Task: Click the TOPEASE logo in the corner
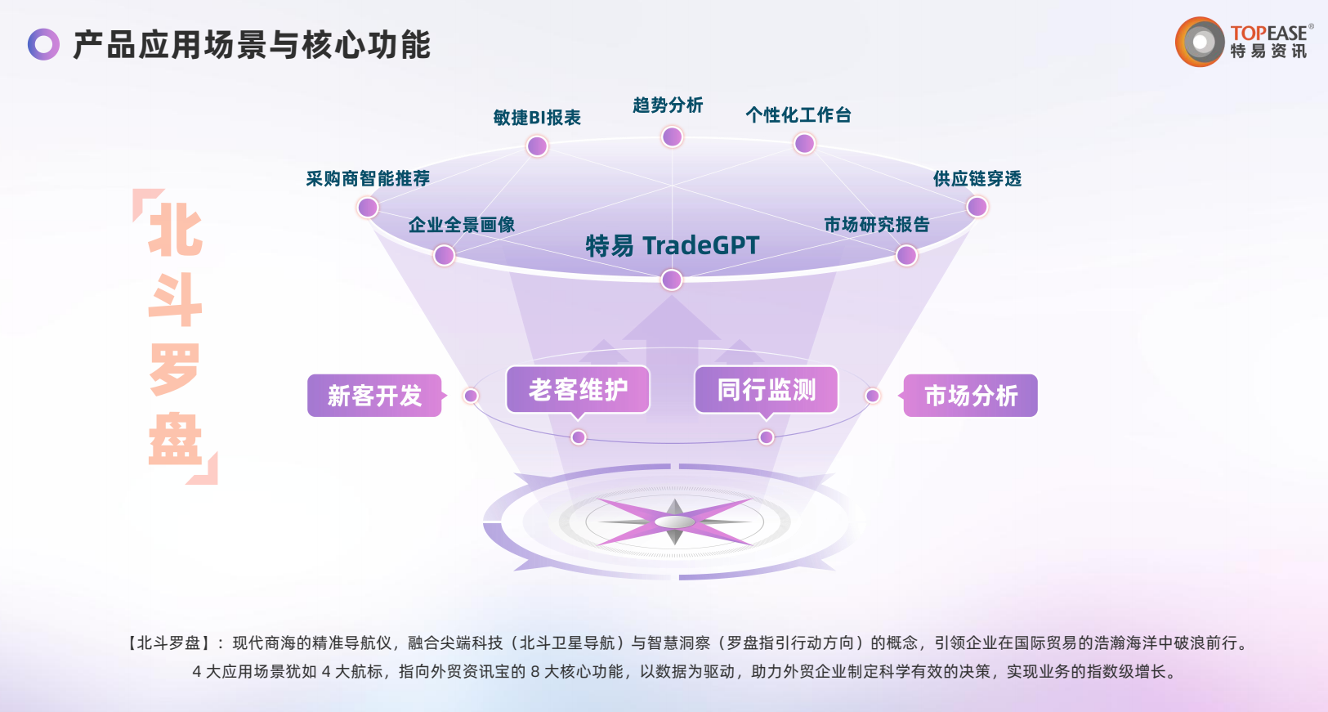[1243, 42]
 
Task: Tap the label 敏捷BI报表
[537, 118]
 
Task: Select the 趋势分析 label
[668, 105]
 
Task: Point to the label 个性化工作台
[798, 115]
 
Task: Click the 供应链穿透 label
[977, 179]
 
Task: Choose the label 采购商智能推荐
[368, 179]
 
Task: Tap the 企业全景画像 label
[462, 225]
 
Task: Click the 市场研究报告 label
[877, 225]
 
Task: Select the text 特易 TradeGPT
[673, 245]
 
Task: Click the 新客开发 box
[375, 396]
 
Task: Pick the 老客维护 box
[578, 390]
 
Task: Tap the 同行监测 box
[767, 390]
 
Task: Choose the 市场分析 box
[971, 396]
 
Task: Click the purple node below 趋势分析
[673, 137]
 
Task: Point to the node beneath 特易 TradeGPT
[672, 280]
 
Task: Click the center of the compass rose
[675, 522]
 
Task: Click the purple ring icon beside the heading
[43, 44]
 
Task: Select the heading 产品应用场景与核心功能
[252, 45]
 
